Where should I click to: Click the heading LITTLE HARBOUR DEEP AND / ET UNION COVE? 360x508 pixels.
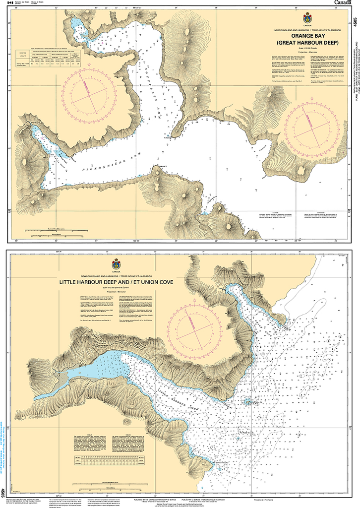coord(117,282)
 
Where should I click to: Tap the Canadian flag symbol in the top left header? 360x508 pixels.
coord(7,2)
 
